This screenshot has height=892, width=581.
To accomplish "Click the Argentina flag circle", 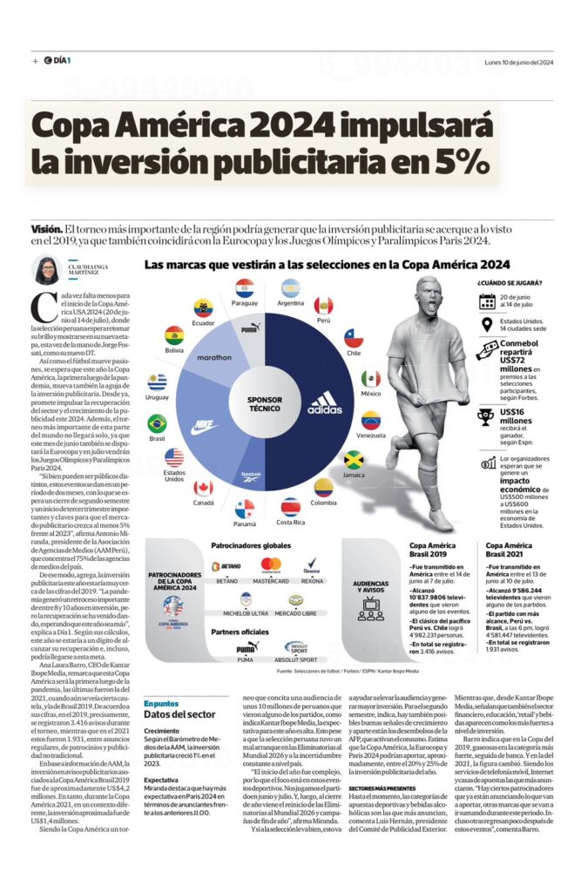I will (x=290, y=287).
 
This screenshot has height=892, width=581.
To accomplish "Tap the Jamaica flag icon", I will (x=353, y=459).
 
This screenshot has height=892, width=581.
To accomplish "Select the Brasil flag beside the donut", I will (x=157, y=423).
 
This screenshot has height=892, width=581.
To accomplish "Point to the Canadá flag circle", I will (x=203, y=488).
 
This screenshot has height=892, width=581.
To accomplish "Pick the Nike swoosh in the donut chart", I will (x=205, y=427).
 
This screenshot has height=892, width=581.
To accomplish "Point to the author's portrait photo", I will (x=47, y=271).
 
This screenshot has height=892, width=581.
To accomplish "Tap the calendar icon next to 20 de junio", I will (x=487, y=301).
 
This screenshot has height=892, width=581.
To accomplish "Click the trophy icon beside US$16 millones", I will (x=486, y=418).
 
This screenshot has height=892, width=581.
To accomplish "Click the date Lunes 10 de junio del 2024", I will (x=519, y=62).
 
